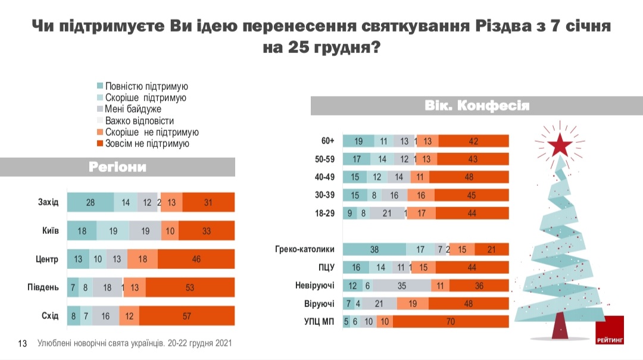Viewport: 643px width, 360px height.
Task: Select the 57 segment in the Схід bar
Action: pos(187,316)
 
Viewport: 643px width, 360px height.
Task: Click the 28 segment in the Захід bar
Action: pos(90,202)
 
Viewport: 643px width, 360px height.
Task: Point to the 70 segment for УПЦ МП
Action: pos(451,322)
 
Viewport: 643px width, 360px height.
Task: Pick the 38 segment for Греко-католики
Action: pos(374,250)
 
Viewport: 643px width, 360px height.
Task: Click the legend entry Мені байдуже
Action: pos(133,109)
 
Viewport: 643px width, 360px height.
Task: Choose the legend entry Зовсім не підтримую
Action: pos(146,143)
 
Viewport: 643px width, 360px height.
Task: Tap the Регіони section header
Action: pos(117,167)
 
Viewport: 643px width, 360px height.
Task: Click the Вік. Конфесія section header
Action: pos(477,106)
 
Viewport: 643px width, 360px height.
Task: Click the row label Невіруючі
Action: pos(315,286)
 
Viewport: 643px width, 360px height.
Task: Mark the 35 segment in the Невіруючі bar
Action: pos(402,286)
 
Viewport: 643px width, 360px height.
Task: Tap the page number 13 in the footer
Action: pos(23,343)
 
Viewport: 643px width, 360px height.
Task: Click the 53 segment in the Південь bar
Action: pos(191,287)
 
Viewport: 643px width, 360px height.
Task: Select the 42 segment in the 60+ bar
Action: pos(473,141)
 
